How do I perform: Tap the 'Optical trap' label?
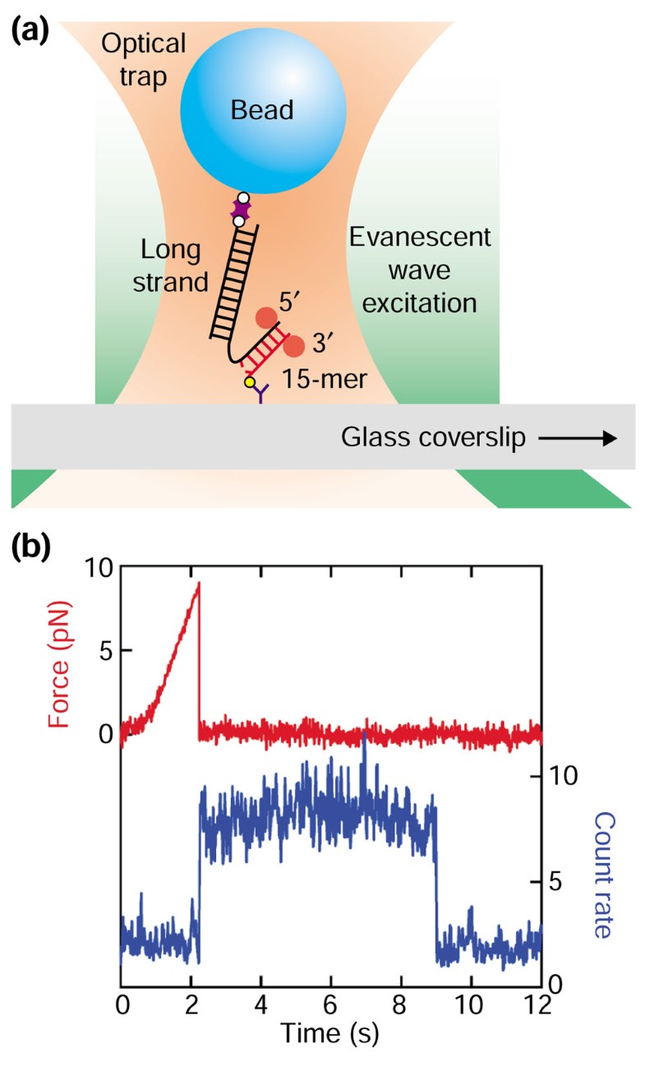point(143,58)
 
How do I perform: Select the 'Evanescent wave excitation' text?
point(420,270)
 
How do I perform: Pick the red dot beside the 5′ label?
point(266,318)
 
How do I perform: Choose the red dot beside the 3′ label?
point(293,347)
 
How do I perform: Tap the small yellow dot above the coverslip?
point(250,382)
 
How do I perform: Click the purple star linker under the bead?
point(239,210)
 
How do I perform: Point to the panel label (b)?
point(30,547)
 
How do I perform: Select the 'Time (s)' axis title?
point(329,1033)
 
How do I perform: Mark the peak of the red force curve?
point(198,584)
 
